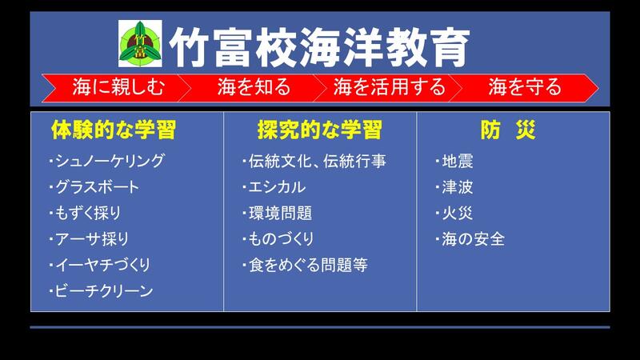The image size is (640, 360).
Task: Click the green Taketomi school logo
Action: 140,44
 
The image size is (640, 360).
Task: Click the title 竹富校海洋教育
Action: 319,47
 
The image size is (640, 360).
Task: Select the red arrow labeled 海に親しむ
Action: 116,87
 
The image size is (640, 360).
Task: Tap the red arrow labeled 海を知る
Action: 253,87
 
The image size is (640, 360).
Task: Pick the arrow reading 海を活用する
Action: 389,87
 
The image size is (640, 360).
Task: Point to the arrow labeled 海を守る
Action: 524,87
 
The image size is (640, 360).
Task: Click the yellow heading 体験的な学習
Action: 114,130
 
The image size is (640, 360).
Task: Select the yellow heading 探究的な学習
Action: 319,130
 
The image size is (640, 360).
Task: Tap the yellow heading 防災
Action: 508,130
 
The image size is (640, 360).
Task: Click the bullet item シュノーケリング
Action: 107,161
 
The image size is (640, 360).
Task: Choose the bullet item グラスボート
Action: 94,187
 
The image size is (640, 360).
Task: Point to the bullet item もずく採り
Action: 85,213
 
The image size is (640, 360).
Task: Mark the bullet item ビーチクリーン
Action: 101,290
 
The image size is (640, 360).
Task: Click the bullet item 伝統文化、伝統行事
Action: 314,161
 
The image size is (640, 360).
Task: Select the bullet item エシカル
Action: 274,187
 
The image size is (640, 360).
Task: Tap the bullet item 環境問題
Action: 277,213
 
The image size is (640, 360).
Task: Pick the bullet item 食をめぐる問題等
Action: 305,265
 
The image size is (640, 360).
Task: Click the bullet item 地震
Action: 454,161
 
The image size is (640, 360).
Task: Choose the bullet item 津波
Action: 454,187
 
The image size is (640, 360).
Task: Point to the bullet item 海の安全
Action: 470,238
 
